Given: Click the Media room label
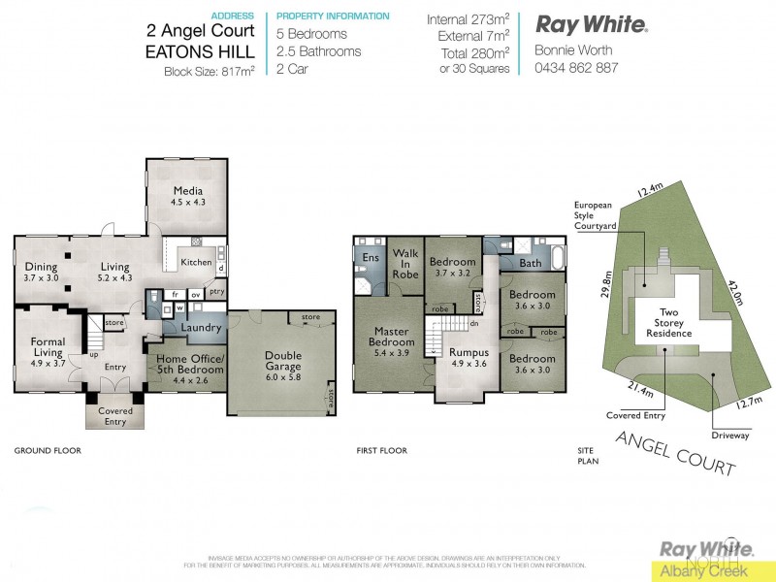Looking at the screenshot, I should click(x=186, y=196).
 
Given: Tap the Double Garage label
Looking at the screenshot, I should click(x=283, y=362).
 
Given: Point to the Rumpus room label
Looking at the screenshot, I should click(x=468, y=358).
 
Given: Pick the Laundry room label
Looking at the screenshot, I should click(x=201, y=328).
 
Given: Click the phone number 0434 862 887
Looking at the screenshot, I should click(x=575, y=68).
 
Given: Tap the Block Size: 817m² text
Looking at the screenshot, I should click(x=210, y=71).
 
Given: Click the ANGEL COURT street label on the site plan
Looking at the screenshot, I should click(x=675, y=452).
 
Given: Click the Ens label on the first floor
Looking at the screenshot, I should click(x=371, y=257).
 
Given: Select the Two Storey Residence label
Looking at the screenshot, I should click(x=669, y=324).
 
